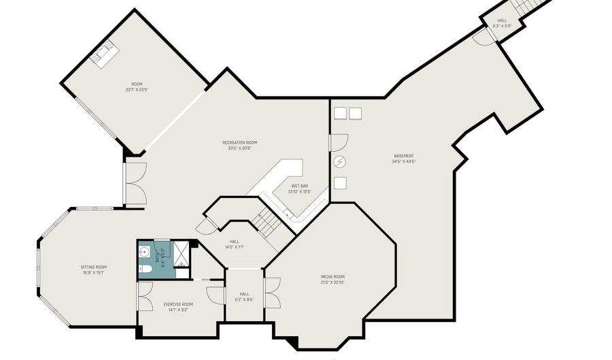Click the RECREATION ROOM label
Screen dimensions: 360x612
(239, 145)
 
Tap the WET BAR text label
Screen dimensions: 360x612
(300, 189)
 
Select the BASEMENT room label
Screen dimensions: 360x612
(403, 158)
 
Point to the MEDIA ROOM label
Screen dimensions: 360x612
(333, 279)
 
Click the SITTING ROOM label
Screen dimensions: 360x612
(93, 269)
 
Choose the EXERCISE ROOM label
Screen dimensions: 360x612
(178, 307)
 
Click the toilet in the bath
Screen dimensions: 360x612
(144, 270)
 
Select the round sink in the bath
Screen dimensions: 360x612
(143, 252)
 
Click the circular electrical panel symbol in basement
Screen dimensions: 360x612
(341, 162)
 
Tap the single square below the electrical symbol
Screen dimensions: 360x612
(341, 182)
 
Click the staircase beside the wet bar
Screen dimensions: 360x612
(267, 220)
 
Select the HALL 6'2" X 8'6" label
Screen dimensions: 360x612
(243, 297)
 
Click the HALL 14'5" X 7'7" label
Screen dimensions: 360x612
(234, 244)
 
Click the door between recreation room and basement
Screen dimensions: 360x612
(337, 142)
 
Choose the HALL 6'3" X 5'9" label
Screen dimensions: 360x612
(502, 23)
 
